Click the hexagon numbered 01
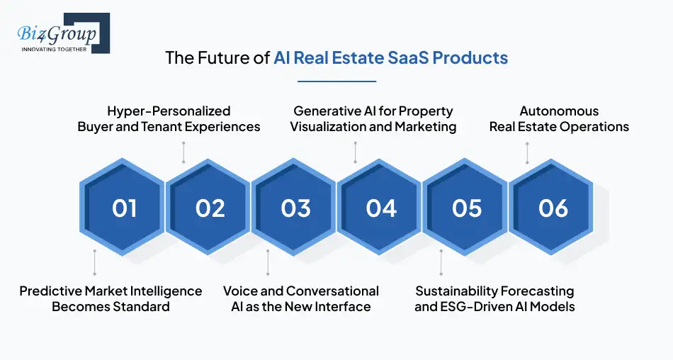(x=124, y=208)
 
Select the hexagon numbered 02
(x=210, y=208)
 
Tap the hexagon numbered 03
(x=295, y=208)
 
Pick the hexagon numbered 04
(x=381, y=208)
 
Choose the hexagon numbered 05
(x=467, y=208)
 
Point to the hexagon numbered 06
(x=553, y=208)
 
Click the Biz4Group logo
(x=61, y=33)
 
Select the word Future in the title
(x=217, y=57)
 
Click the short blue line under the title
(x=336, y=81)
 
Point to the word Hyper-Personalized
(x=169, y=111)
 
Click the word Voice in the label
(x=240, y=291)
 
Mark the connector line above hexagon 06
(x=526, y=152)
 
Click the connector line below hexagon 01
(x=94, y=261)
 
